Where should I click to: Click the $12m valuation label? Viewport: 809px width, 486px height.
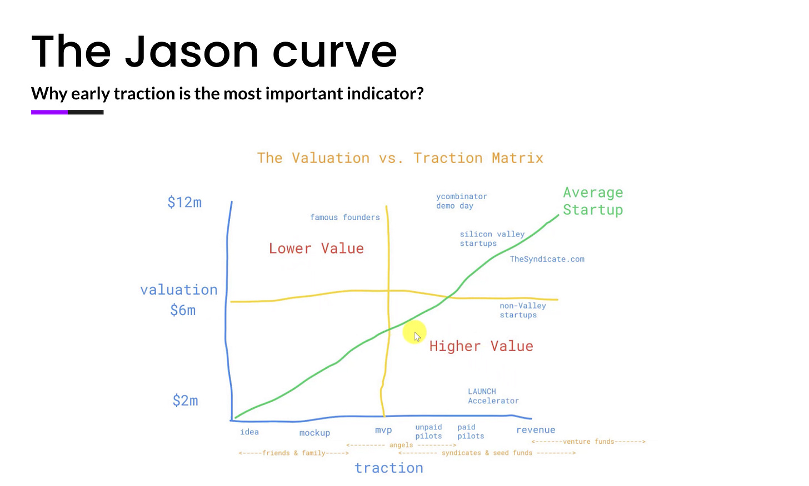point(184,202)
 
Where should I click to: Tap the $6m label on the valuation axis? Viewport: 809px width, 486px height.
point(183,310)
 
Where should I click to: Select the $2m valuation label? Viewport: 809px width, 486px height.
point(185,401)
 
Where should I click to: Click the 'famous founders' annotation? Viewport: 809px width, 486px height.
point(345,217)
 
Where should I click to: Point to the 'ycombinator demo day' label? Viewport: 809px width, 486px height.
point(462,201)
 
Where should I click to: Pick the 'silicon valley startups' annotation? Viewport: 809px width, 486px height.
point(492,239)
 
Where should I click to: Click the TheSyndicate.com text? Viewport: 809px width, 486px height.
point(547,259)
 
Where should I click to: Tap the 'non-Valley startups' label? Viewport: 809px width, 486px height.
point(523,311)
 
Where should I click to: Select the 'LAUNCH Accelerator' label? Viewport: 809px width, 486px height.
point(493,396)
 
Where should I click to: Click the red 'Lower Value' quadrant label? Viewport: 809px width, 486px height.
point(316,249)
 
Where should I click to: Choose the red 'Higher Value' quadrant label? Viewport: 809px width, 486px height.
point(481,346)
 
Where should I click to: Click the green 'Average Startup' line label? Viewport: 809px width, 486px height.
point(593,201)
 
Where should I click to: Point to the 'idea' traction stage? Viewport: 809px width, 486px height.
point(249,432)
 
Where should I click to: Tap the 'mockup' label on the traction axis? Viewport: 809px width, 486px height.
point(314,433)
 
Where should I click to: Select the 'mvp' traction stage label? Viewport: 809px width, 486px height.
point(383,430)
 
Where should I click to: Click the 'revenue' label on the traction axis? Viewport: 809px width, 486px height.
point(536,430)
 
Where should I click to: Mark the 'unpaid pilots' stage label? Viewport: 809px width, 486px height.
point(428,432)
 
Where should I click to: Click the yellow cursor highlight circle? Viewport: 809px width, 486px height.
point(415,332)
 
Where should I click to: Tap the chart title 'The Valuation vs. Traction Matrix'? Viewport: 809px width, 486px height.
point(400,158)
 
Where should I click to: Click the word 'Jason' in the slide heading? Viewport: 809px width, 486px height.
point(192,51)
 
